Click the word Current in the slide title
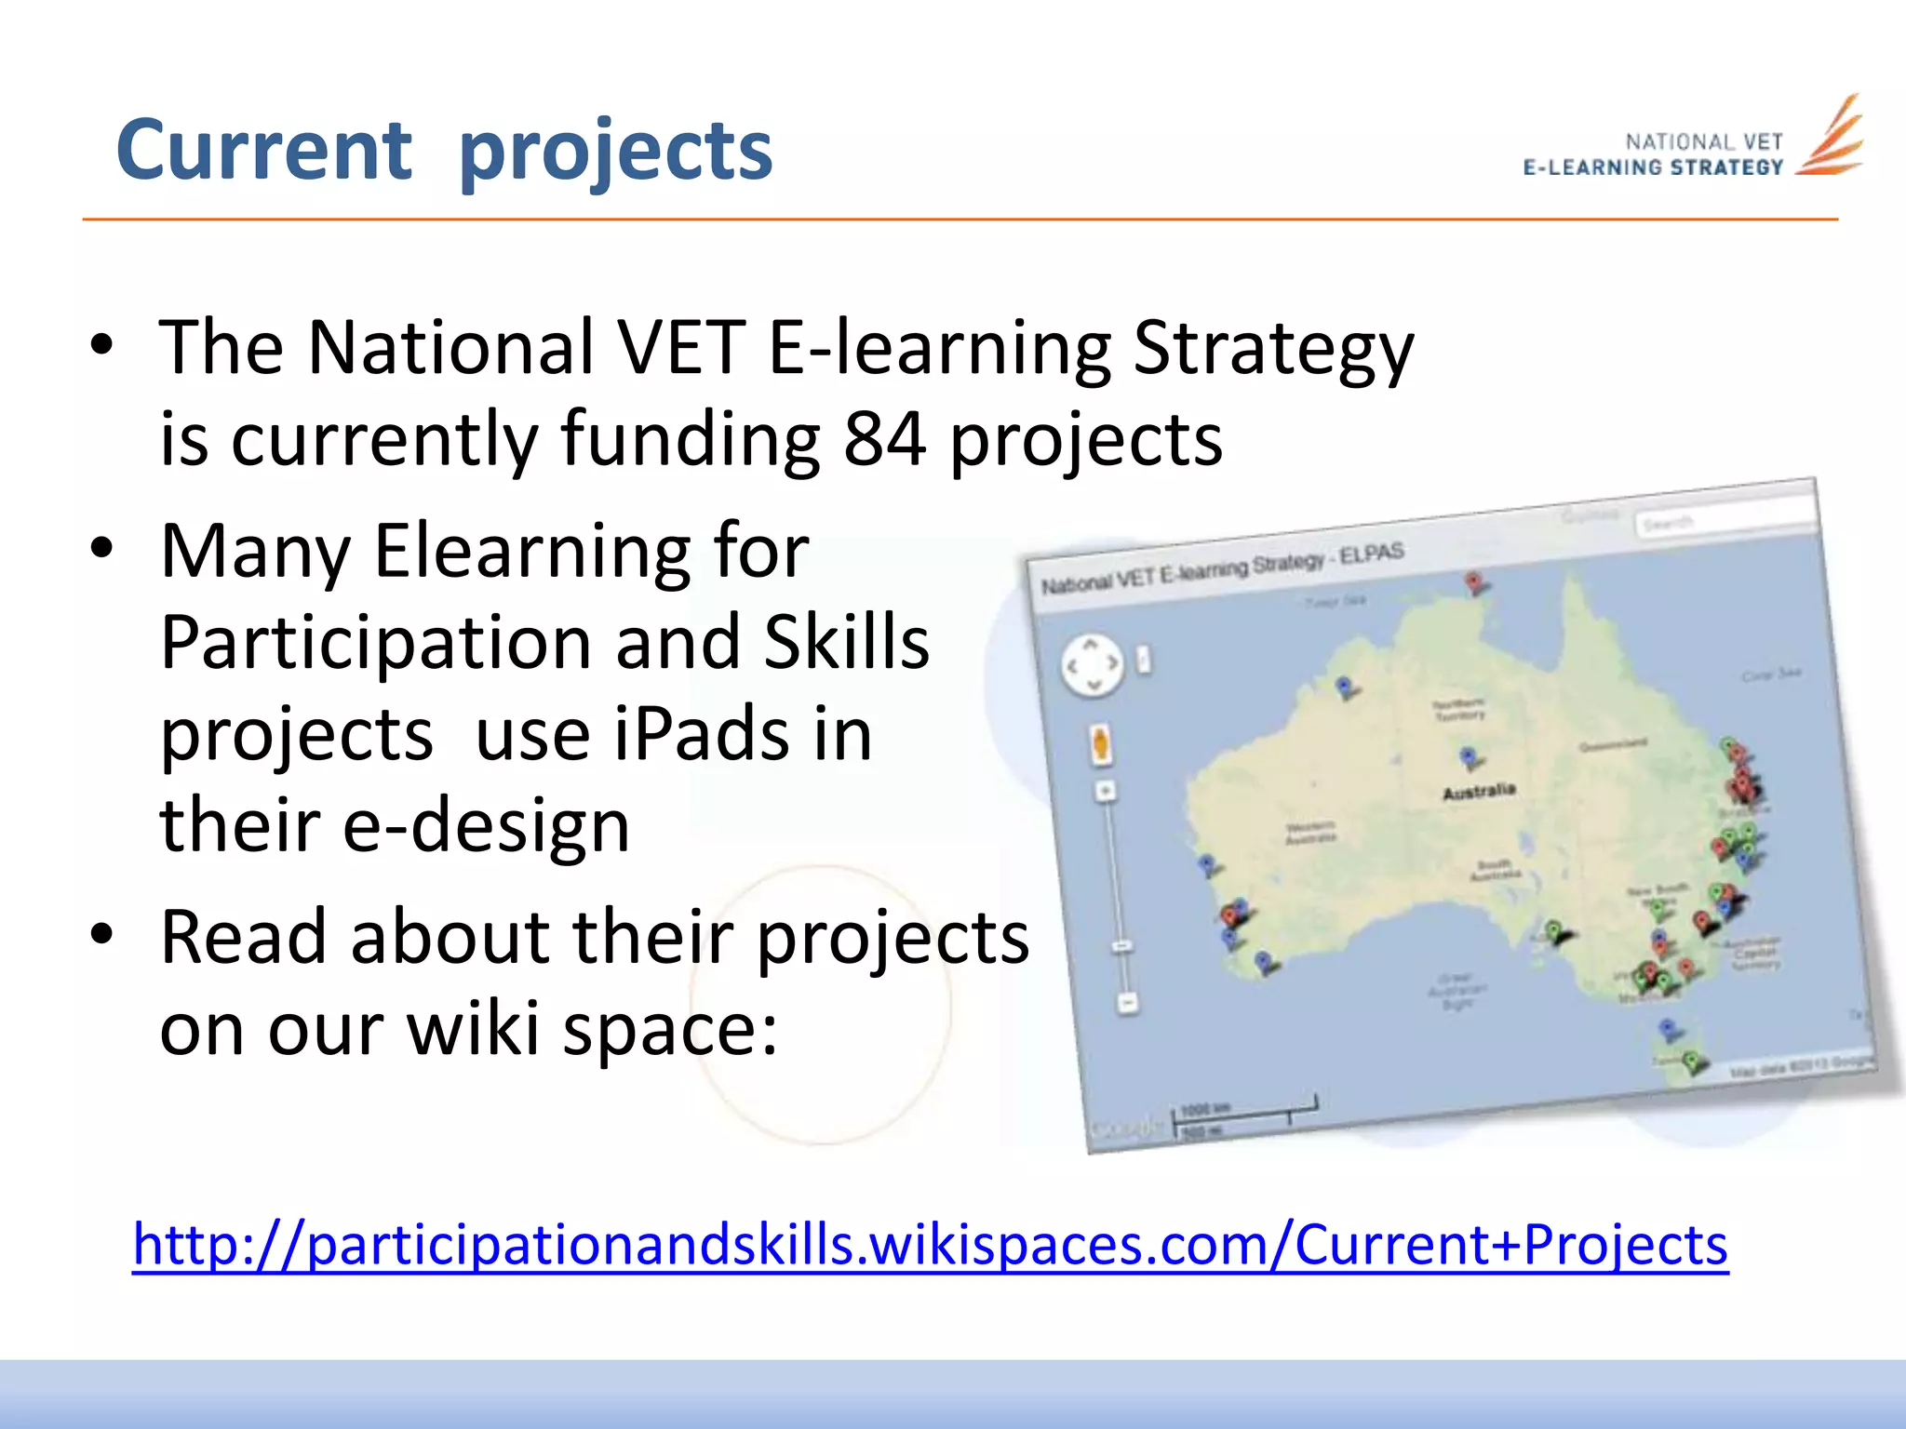point(263,151)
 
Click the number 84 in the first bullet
point(884,439)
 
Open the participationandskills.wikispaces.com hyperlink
point(930,1245)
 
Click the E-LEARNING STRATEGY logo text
point(1653,167)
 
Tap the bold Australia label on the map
point(1479,792)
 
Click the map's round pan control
point(1093,664)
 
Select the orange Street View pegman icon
point(1100,744)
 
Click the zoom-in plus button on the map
point(1106,792)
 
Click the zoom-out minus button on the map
point(1127,1003)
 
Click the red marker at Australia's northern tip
point(1473,583)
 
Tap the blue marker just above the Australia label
point(1468,756)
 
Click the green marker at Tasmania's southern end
point(1691,1062)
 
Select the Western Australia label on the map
point(1310,832)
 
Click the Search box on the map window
point(1722,517)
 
